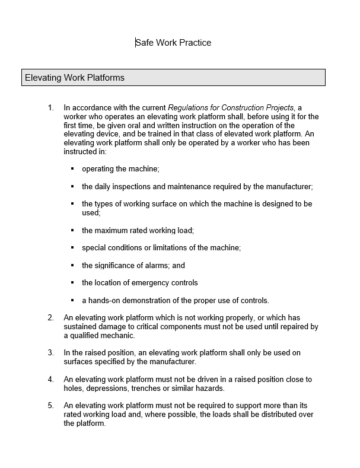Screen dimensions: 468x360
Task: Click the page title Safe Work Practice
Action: pyautogui.click(x=173, y=43)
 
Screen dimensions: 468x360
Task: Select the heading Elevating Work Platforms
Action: pyautogui.click(x=75, y=78)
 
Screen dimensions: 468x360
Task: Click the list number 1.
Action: pyautogui.click(x=50, y=108)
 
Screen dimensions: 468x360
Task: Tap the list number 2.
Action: pyautogui.click(x=50, y=318)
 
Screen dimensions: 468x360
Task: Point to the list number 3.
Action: pyautogui.click(x=50, y=353)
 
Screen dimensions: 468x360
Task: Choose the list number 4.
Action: pyautogui.click(x=50, y=380)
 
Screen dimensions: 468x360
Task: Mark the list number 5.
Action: pyautogui.click(x=50, y=406)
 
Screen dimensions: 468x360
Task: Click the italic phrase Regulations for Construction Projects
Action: pyautogui.click(x=231, y=108)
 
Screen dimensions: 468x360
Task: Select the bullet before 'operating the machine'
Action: pyautogui.click(x=72, y=169)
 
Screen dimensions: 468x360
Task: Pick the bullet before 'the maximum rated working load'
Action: pyautogui.click(x=72, y=230)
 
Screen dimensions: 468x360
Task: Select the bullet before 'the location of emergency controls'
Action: pyautogui.click(x=72, y=283)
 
